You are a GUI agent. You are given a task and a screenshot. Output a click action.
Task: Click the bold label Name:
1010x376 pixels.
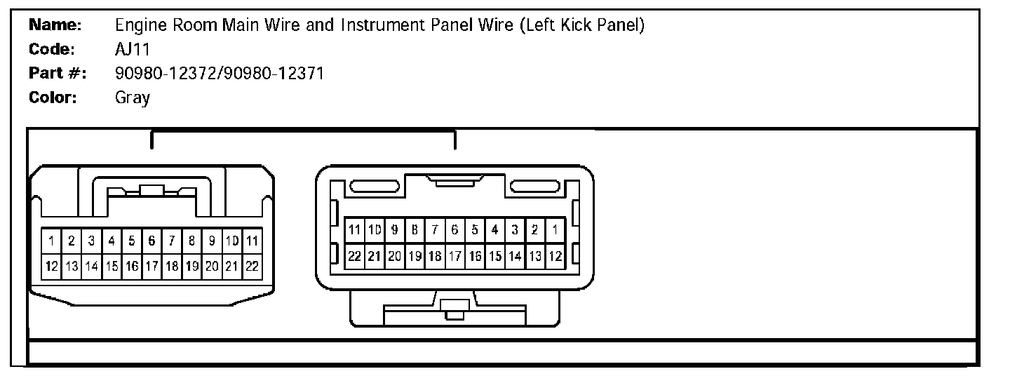55,26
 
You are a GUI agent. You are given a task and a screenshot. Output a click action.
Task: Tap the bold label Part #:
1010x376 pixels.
57,73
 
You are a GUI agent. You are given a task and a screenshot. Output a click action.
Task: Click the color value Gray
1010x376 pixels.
132,98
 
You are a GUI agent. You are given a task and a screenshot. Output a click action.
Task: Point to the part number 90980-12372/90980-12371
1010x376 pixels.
219,73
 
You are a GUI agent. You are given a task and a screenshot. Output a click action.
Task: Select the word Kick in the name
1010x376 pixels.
573,26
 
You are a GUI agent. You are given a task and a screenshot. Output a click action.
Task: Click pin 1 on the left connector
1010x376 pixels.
51,241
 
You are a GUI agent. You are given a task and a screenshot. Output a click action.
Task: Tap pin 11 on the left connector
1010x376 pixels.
252,241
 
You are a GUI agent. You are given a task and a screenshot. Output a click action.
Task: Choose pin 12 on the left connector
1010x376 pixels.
51,267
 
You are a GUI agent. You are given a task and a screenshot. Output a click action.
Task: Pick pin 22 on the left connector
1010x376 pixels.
252,267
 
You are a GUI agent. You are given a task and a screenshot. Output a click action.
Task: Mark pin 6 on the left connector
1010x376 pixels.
151,241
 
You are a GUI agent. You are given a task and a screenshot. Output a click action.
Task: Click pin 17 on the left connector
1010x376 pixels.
151,267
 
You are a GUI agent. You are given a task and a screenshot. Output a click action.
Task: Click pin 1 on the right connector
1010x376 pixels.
555,229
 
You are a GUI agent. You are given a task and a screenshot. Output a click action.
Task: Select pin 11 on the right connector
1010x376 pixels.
355,229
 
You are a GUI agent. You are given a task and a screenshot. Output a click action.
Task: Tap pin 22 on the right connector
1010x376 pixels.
355,256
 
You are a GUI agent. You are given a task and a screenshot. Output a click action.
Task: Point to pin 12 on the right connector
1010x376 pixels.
555,256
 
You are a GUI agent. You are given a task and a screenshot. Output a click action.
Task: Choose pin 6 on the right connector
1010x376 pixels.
454,229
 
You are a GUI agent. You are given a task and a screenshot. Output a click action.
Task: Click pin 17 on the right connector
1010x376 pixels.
454,256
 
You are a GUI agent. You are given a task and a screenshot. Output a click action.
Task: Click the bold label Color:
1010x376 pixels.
53,98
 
